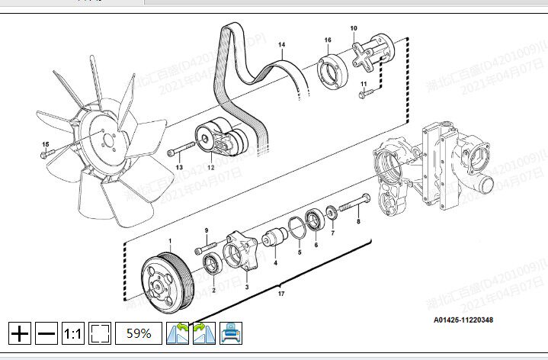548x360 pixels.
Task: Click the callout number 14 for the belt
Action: click(281, 46)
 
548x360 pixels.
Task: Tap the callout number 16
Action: click(327, 40)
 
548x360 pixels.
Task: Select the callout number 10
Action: click(354, 28)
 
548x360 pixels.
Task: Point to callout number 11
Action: click(364, 83)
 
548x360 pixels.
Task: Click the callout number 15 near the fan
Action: click(45, 144)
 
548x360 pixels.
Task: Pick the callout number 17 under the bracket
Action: click(281, 294)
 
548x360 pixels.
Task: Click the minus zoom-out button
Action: click(46, 333)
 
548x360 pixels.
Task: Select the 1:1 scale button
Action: click(73, 333)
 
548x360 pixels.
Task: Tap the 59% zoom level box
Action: click(138, 333)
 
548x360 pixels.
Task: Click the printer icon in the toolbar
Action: click(231, 333)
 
